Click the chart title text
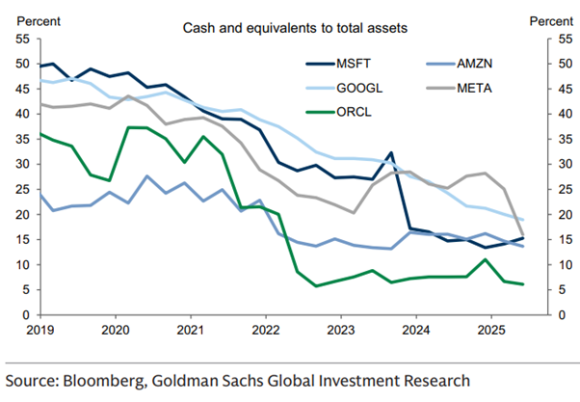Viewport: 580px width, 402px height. coord(296,28)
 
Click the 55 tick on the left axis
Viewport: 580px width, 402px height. coord(22,39)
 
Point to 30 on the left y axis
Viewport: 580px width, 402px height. coord(22,164)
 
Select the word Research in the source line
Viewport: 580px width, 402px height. coord(432,380)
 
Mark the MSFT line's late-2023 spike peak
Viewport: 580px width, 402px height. coord(390,152)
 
